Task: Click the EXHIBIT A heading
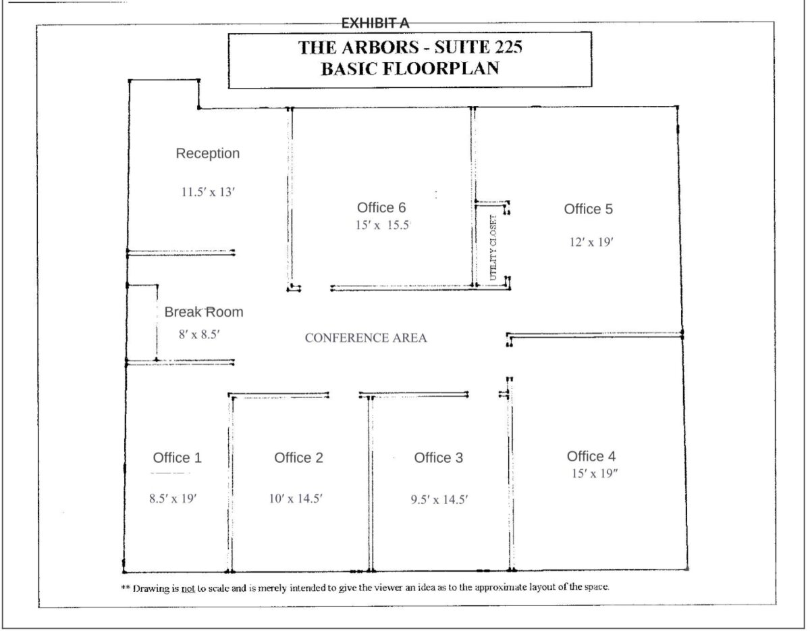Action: pyautogui.click(x=375, y=23)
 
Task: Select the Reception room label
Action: pyautogui.click(x=208, y=153)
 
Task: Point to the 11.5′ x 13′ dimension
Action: pyautogui.click(x=208, y=192)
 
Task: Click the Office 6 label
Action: pyautogui.click(x=381, y=207)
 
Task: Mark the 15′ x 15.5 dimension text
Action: pyautogui.click(x=383, y=225)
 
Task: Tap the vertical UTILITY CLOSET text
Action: pyautogui.click(x=493, y=248)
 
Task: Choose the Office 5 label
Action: pyautogui.click(x=588, y=209)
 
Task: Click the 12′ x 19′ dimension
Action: pyautogui.click(x=591, y=243)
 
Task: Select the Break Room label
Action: pyautogui.click(x=204, y=311)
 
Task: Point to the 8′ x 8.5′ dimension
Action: pyautogui.click(x=199, y=334)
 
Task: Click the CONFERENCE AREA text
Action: pyautogui.click(x=366, y=338)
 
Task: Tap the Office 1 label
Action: pyautogui.click(x=177, y=457)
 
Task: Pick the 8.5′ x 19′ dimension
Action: pyautogui.click(x=173, y=499)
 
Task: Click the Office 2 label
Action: pyautogui.click(x=298, y=457)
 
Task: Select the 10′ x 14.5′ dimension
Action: pyautogui.click(x=296, y=499)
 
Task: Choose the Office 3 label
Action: pyautogui.click(x=438, y=457)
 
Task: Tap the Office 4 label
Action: pyautogui.click(x=591, y=456)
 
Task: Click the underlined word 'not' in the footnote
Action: pyautogui.click(x=188, y=589)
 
